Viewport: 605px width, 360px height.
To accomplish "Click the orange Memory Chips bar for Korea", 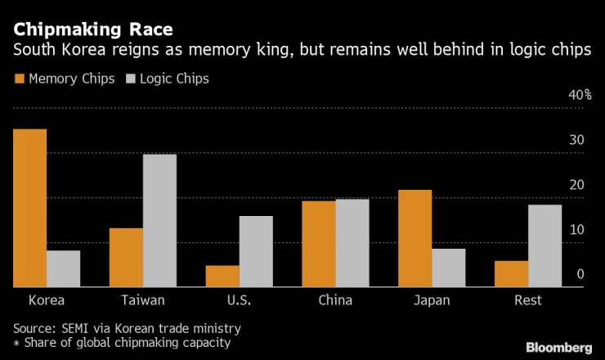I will coord(29,208).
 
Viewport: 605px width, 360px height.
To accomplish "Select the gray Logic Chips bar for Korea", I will coord(63,268).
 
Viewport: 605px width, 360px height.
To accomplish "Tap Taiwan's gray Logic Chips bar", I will coord(159,220).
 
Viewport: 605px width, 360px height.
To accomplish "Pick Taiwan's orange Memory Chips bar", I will coord(126,257).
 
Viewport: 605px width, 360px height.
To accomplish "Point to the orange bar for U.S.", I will coord(222,276).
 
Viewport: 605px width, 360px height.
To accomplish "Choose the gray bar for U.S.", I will coord(256,251).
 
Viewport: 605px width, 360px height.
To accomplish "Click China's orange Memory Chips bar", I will coord(319,244).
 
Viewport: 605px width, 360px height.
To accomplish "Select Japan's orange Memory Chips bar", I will coord(415,238).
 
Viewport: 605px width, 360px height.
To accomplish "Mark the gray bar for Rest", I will coord(544,245).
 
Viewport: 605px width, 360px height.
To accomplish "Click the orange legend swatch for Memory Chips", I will coord(19,79).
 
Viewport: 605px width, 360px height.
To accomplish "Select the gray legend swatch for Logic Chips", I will coord(131,79).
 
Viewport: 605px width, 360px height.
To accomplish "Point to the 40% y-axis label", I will coord(580,95).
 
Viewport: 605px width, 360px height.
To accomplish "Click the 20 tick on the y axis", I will coord(577,185).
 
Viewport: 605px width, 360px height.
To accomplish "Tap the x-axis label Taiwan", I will coord(142,300).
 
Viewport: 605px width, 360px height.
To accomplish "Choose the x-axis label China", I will coord(335,300).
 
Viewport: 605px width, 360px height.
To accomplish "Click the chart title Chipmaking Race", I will coord(92,29).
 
